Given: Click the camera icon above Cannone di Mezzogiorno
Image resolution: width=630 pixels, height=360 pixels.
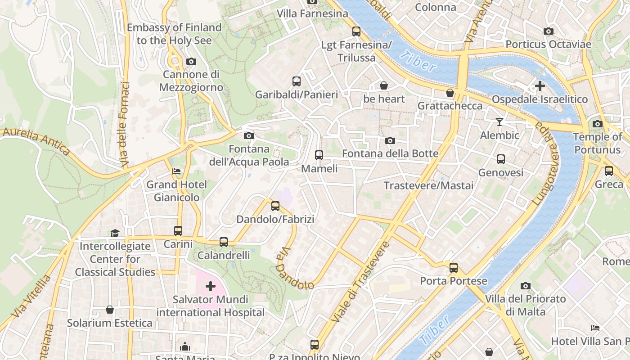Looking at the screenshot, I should tap(191, 61).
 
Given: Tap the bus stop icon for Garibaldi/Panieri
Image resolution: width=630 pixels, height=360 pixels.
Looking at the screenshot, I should tap(296, 81).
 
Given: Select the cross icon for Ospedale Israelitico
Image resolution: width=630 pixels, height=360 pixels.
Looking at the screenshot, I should tap(540, 85).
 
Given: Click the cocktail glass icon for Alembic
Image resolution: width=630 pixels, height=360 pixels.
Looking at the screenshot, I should tap(499, 121).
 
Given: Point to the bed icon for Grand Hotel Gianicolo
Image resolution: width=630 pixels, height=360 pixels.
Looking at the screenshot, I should tap(176, 171).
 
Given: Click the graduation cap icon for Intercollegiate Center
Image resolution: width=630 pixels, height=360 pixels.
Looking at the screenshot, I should tap(115, 233).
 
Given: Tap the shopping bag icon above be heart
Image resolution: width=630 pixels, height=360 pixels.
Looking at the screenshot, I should tap(384, 85).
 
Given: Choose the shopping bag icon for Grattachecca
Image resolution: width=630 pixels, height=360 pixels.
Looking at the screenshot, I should tap(450, 93).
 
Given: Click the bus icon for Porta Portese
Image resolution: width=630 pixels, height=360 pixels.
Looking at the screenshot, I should tap(453, 268).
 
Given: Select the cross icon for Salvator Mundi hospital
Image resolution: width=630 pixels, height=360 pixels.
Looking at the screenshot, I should tap(210, 286).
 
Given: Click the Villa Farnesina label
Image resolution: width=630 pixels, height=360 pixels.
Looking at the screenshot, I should tap(312, 13).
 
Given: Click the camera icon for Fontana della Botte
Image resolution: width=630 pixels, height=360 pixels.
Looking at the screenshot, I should tap(390, 140).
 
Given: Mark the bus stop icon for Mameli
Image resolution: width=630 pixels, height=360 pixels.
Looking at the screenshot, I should tap(319, 155).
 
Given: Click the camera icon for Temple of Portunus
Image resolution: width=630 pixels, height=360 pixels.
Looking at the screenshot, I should tap(597, 124).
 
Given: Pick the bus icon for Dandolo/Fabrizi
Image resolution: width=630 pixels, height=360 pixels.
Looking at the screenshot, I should tap(275, 206).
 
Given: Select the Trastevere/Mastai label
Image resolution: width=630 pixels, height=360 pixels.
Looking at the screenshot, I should tap(428, 185).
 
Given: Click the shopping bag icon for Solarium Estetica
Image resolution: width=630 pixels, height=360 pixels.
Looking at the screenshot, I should tap(109, 310).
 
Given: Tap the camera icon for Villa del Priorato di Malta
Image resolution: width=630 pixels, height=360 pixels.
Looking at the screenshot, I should tap(525, 286).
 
